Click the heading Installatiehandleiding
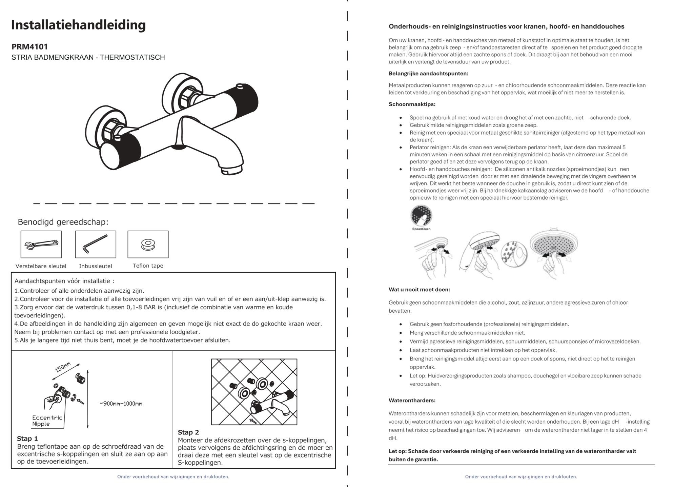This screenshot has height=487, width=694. pos(78,25)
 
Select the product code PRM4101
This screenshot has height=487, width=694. pos(29,47)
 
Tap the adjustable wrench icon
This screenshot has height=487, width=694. pos(41,244)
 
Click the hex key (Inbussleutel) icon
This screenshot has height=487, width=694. pos(96,244)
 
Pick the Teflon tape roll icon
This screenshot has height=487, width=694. pos(148,244)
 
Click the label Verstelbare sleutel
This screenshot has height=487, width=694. pos(41,266)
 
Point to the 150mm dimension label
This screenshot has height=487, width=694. pos(63,367)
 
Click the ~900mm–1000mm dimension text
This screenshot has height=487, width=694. pos(121,404)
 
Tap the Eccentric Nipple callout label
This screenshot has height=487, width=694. pos(47,421)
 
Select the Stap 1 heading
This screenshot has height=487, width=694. pos(27,439)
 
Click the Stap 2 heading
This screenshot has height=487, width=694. pos(188,432)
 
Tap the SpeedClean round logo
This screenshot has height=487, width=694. pos(421,216)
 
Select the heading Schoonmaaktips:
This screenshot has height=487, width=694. pos(412,104)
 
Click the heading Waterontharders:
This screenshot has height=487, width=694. pos(412,401)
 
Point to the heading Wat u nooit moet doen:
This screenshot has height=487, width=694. pos(419,290)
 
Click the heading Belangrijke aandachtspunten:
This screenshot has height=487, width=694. pos(428,74)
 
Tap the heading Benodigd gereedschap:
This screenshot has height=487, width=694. pos(63,222)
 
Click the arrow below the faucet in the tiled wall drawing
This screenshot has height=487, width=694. pos(253,421)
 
